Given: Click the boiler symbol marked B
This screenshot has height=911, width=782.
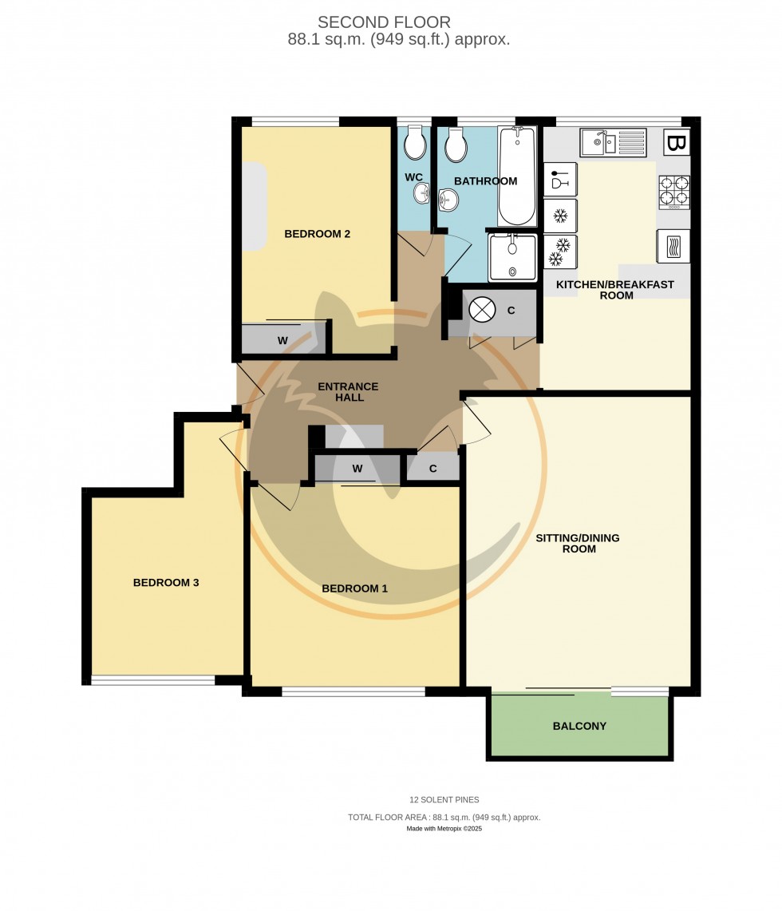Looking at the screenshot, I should click(676, 144).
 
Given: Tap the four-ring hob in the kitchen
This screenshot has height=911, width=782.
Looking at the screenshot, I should click(673, 191).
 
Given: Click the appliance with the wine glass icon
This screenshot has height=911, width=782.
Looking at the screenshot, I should click(560, 180).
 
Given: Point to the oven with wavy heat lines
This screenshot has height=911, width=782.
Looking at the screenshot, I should click(673, 246).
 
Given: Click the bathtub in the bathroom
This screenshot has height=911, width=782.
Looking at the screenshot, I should click(518, 176).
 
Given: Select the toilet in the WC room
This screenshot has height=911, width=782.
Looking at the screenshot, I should click(414, 145).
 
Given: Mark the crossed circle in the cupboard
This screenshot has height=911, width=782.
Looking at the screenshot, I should click(482, 311).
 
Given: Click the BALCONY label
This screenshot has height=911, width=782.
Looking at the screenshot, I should click(579, 727).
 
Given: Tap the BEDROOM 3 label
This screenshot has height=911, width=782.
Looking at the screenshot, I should click(166, 583).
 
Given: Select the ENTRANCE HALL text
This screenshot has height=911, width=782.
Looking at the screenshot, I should click(348, 392).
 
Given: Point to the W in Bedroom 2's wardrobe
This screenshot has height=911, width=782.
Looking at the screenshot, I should click(282, 341).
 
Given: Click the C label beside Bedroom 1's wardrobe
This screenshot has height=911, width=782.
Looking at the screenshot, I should click(432, 469).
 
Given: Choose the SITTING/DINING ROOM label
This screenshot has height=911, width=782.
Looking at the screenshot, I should click(578, 543).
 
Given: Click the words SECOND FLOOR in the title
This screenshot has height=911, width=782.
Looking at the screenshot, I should click(384, 22).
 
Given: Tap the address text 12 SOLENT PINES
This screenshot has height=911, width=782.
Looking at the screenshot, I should click(445, 799).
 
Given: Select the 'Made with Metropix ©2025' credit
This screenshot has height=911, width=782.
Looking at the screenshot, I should click(444, 829).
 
